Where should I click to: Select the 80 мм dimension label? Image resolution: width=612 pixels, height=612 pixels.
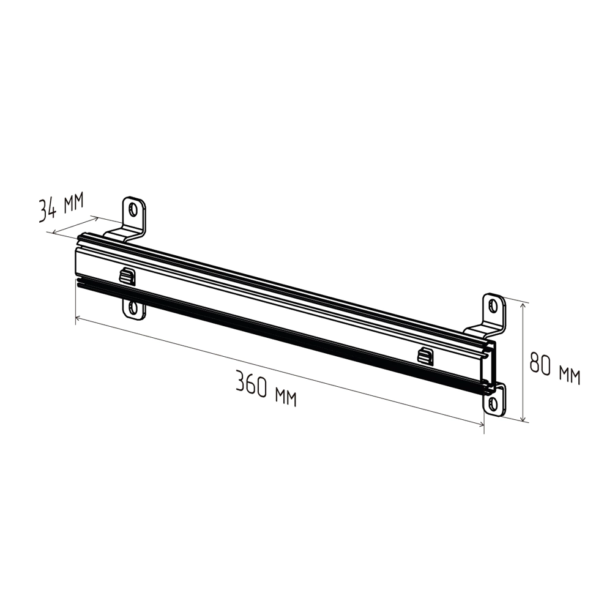554,368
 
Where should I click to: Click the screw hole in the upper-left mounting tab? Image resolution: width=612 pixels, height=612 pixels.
134,209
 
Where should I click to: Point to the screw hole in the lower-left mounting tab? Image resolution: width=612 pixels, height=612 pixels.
134,308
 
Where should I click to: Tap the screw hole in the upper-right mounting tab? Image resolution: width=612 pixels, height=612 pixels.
494,305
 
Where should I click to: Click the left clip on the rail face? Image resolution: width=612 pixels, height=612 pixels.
126,277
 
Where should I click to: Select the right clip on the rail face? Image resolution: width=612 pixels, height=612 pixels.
425,355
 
